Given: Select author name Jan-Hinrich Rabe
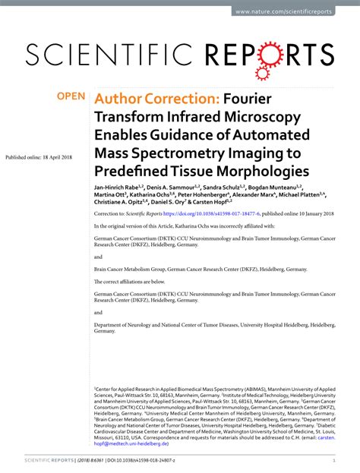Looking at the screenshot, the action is pyautogui.click(x=120, y=187).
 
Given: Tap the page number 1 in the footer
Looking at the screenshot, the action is pyautogui.click(x=334, y=460).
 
